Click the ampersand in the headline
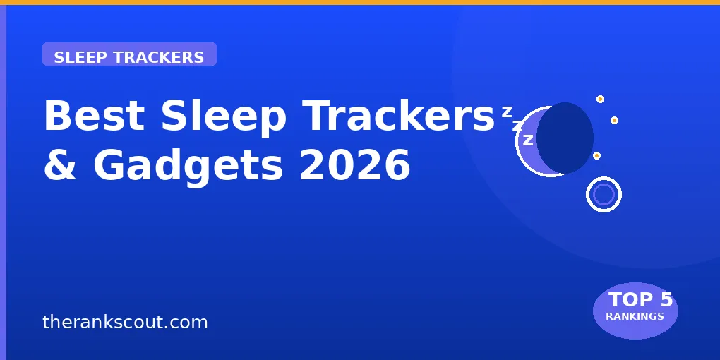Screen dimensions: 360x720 tap(61, 165)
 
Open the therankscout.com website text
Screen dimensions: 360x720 tap(125, 323)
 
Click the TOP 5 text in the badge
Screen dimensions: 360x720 tap(640, 300)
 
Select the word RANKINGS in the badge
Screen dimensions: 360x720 tap(635, 316)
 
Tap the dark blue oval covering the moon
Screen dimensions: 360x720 tap(565, 138)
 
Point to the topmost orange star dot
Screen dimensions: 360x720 tap(600, 100)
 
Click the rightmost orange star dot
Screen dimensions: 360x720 tap(614, 120)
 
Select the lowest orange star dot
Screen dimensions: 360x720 tap(596, 155)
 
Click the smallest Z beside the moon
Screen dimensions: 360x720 tap(506, 112)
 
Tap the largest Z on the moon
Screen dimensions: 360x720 tap(528, 140)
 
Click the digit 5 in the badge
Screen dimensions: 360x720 tap(666, 300)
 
